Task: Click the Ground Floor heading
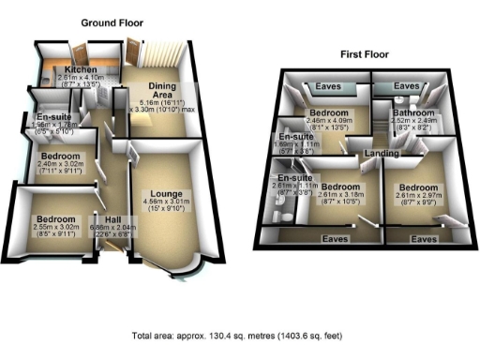112,21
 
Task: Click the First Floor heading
365,54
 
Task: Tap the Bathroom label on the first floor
409,111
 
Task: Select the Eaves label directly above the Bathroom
407,86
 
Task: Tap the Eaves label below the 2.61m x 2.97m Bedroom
424,239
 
